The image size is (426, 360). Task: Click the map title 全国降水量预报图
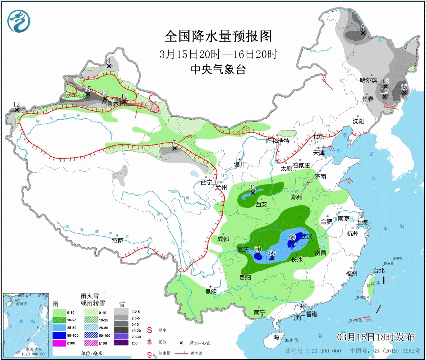(218, 36)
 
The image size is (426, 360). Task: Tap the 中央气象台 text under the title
(218, 70)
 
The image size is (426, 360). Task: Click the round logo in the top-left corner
(19, 20)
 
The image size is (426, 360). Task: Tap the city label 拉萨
(117, 240)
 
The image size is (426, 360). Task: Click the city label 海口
(278, 337)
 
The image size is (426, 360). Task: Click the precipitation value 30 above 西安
(253, 187)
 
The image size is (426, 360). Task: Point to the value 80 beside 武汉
(293, 236)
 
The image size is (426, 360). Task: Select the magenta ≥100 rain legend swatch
(59, 343)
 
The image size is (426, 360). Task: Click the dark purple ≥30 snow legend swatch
(121, 343)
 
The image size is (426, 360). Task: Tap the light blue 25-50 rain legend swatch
(59, 327)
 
